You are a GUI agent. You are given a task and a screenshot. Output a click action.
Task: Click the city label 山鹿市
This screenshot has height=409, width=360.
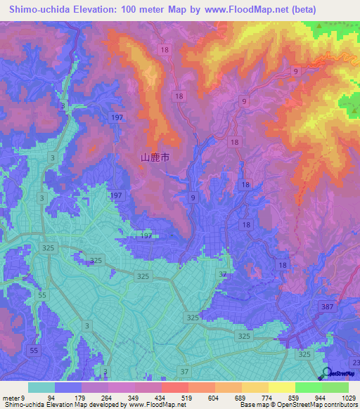coord(156,159)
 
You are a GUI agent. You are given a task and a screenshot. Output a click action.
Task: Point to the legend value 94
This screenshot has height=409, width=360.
coord(51,398)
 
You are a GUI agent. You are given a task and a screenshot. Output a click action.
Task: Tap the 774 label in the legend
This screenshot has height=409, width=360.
coord(264,398)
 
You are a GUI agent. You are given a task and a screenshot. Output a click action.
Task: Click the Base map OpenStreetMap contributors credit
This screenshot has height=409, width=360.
coord(297,405)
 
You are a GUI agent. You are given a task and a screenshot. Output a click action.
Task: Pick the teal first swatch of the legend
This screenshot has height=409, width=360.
coord(41,387)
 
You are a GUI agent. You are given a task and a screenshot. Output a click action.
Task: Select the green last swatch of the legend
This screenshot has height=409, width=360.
coord(335,387)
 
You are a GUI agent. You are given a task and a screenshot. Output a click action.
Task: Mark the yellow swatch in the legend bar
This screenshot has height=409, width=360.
coord(282,387)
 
